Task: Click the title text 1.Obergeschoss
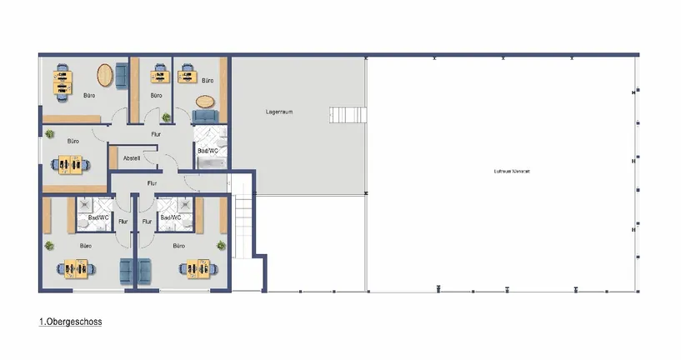pos(70,321)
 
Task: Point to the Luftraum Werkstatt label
pos(512,172)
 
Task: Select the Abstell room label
pos(131,157)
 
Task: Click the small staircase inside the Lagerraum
pos(347,114)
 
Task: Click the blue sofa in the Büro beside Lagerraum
pos(205,117)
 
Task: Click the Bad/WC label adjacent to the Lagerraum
pos(208,151)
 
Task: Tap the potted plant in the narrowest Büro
pos(166,117)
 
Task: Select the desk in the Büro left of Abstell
pos(72,165)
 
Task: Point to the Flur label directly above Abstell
pos(155,133)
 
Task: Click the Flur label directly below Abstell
pos(152,182)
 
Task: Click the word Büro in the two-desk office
pos(88,97)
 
